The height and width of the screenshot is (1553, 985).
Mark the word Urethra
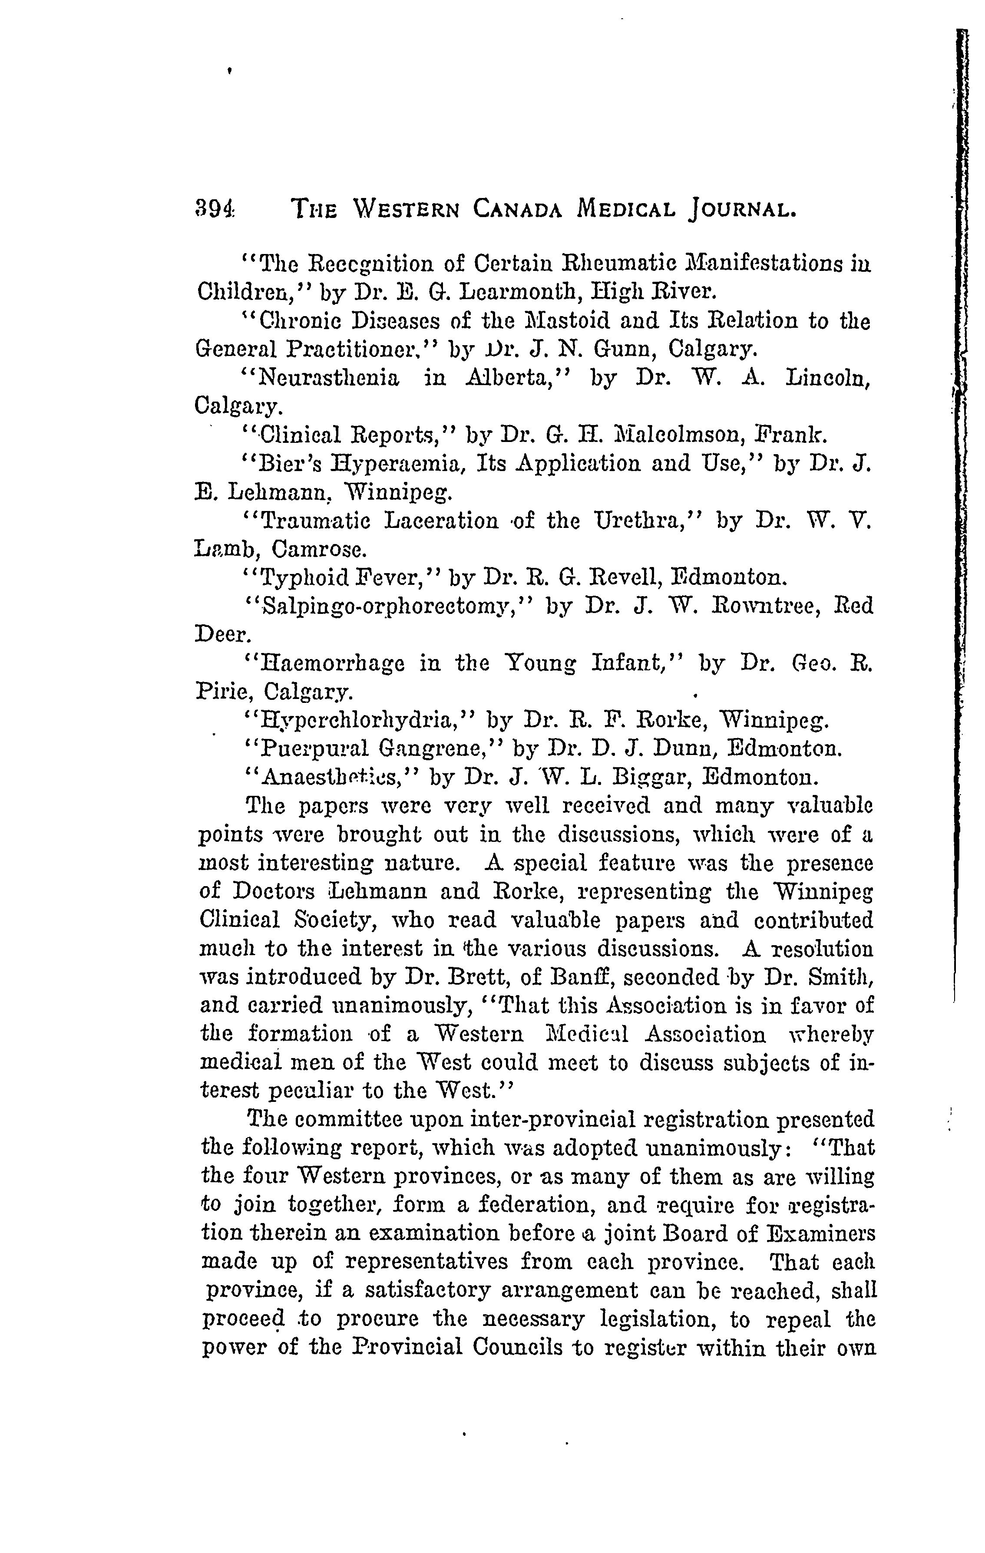[x=647, y=521]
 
